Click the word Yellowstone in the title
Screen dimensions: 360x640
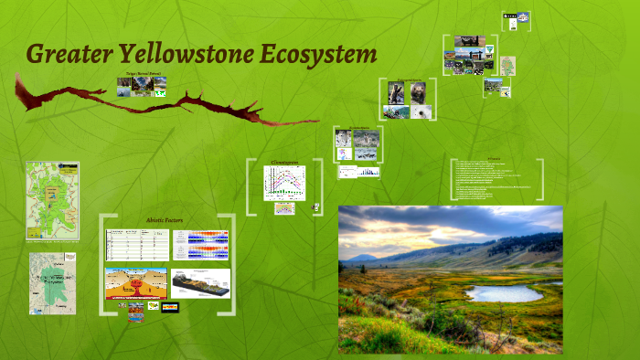click(x=169, y=54)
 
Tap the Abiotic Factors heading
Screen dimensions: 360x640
click(x=165, y=220)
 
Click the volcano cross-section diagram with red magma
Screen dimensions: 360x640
click(x=136, y=282)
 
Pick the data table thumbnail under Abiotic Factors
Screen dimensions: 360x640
click(x=136, y=245)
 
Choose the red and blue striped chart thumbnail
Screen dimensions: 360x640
click(x=201, y=245)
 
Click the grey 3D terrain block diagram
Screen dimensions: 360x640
click(x=200, y=282)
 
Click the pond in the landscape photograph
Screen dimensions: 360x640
click(x=504, y=293)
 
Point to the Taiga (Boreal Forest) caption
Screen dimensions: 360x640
click(x=144, y=72)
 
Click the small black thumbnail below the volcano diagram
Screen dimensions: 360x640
click(x=169, y=307)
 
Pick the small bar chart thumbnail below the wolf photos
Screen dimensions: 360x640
click(x=359, y=171)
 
